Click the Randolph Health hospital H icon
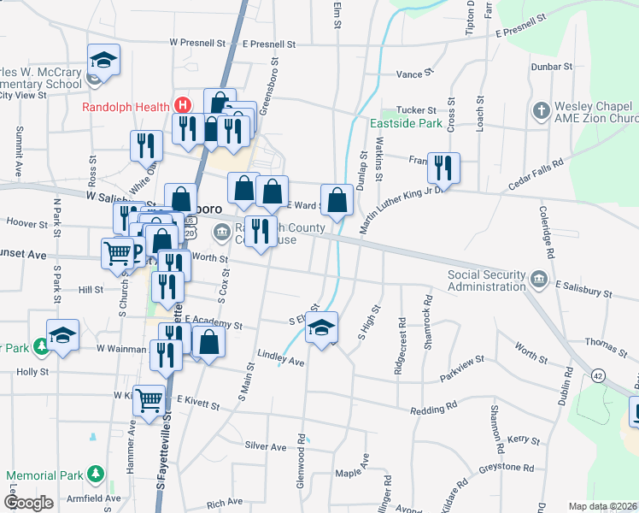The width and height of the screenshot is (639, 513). coord(181,106)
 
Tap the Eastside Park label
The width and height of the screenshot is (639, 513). coord(406,123)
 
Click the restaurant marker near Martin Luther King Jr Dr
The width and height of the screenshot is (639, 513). coord(443,167)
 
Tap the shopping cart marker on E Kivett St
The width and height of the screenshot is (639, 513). coord(149,399)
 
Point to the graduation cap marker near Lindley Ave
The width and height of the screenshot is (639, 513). coord(321,328)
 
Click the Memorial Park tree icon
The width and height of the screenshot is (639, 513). coord(96,475)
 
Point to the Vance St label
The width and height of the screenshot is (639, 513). coord(410,74)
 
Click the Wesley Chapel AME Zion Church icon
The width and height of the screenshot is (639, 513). coord(540,111)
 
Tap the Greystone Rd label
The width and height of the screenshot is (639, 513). coord(506,468)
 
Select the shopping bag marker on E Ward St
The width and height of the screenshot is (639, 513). coord(337,200)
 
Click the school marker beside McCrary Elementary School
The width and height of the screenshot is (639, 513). coord(103,61)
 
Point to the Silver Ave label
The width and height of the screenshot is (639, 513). coord(266,446)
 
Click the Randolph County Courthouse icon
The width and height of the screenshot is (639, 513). coord(221,232)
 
